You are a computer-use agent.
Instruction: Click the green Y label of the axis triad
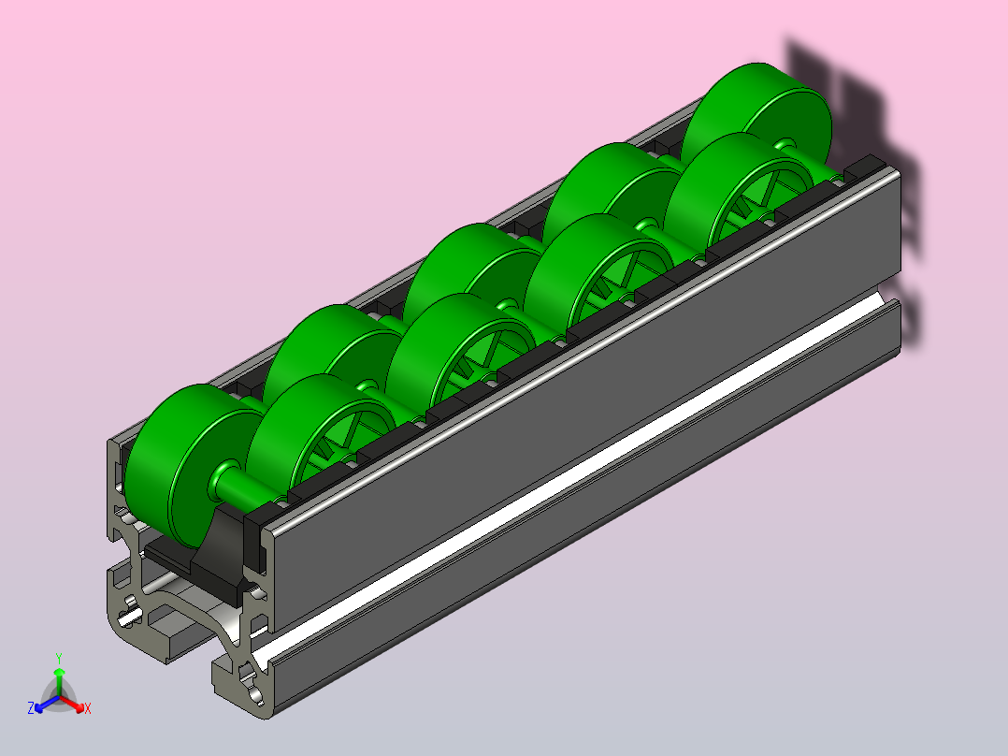[59, 658]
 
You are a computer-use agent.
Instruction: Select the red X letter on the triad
[88, 708]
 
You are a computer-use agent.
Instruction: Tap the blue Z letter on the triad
[30, 708]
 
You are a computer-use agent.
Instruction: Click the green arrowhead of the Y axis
[59, 673]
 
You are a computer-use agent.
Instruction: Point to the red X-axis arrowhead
[79, 707]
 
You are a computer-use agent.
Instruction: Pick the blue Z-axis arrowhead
[39, 707]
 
